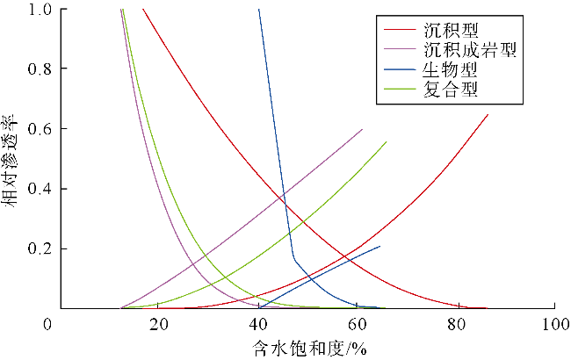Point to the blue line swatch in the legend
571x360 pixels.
coord(400,69)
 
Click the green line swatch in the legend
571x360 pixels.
coord(400,89)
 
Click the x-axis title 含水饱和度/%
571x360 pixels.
coord(307,348)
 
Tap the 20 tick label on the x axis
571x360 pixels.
coord(158,325)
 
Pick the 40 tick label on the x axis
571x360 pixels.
coord(257,325)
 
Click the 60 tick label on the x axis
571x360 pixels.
coord(357,325)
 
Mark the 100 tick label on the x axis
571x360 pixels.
coord(553,325)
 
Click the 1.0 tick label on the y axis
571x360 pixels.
coord(40,10)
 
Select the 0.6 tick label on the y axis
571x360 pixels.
coord(40,129)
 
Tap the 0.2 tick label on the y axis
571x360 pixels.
coord(40,249)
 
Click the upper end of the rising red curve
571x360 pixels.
coord(488,114)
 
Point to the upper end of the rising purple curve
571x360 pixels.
coord(362,129)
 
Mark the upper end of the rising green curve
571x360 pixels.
coord(386,142)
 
